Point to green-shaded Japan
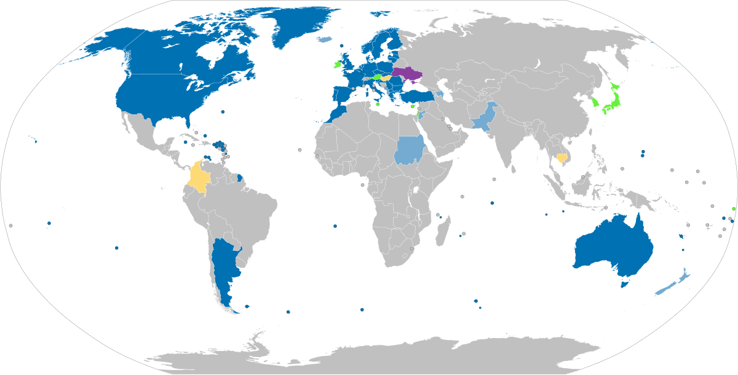click(x=611, y=98)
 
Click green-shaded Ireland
click(x=336, y=63)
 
